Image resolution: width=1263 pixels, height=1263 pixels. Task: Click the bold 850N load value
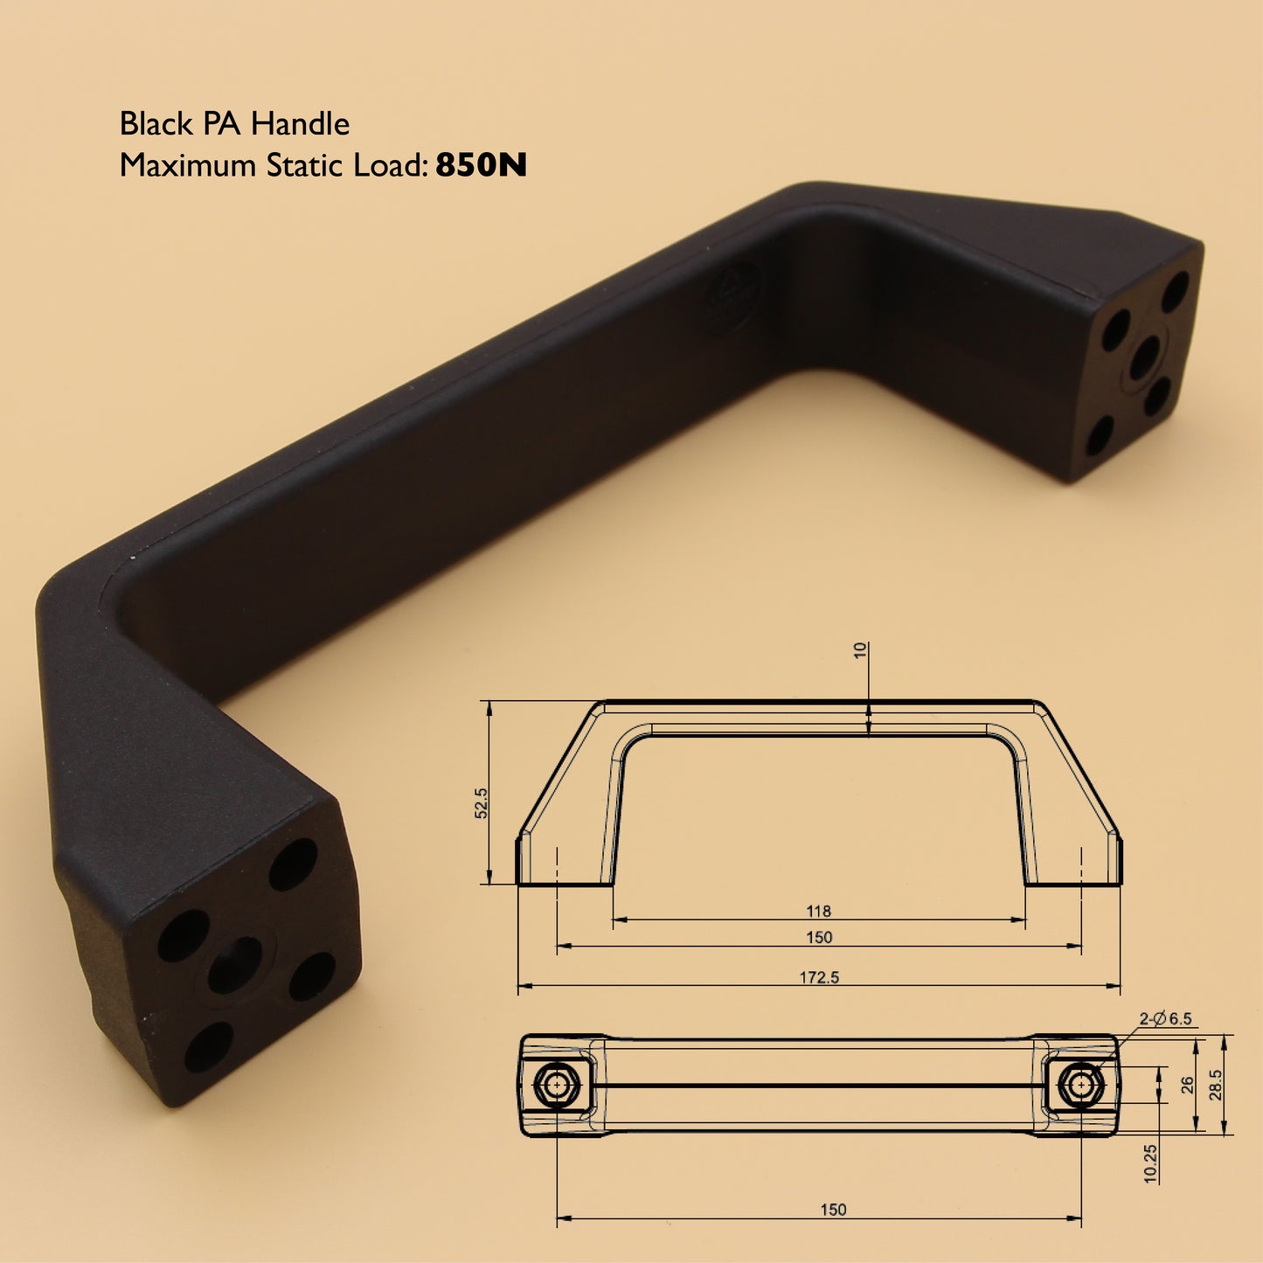click(x=481, y=165)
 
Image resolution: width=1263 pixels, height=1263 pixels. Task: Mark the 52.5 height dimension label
click(x=481, y=802)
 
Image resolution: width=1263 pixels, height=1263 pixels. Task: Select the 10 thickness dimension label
click(x=861, y=650)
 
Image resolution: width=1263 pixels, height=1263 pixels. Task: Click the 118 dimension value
click(x=818, y=911)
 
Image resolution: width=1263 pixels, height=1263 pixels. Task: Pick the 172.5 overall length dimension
click(x=819, y=977)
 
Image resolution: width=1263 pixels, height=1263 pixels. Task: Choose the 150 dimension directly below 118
click(x=819, y=937)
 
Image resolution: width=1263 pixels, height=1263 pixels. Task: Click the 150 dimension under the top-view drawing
click(x=833, y=1210)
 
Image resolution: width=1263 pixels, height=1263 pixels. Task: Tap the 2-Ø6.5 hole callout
click(x=1165, y=1018)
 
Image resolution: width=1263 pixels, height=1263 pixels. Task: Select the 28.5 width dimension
click(x=1216, y=1085)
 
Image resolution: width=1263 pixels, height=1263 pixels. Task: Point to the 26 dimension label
click(x=1187, y=1085)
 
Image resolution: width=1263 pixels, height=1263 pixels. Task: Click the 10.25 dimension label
click(x=1150, y=1163)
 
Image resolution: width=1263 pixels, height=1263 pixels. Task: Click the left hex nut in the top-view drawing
click(x=556, y=1086)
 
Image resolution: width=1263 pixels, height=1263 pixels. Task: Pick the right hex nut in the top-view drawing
click(x=1081, y=1085)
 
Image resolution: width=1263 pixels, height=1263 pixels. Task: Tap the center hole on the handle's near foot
click(x=234, y=965)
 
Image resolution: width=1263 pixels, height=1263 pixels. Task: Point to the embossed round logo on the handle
click(x=732, y=297)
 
